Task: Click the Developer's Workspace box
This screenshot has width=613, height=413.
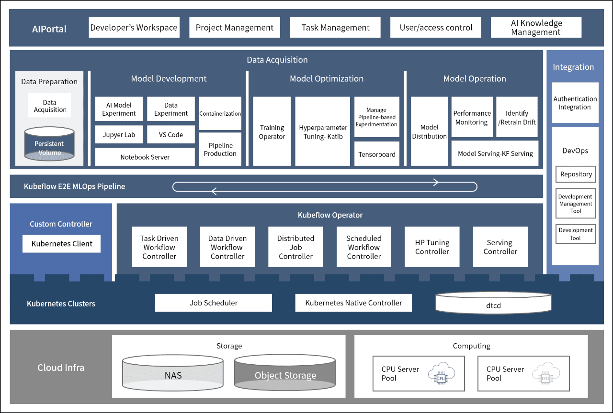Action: tap(134, 27)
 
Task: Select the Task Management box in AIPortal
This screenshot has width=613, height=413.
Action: tap(335, 27)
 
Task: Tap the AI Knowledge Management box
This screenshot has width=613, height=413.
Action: tap(536, 27)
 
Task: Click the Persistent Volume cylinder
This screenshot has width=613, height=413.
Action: tap(49, 144)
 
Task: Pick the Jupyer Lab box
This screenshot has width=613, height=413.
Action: tap(119, 134)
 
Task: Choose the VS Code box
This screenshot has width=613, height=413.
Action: tap(171, 134)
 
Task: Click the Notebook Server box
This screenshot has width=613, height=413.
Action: tap(145, 157)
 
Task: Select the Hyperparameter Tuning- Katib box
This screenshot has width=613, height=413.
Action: tap(323, 131)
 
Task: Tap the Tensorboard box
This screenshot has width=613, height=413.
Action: tap(377, 153)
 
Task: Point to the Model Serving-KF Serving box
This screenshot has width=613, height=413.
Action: tap(495, 153)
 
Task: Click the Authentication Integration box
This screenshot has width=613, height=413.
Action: tap(575, 103)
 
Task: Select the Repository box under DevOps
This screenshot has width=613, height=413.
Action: tap(576, 174)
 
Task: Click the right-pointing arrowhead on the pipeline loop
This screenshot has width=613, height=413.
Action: tap(436, 182)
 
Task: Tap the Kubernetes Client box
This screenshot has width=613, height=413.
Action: tap(62, 243)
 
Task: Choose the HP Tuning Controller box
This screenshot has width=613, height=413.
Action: tap(432, 247)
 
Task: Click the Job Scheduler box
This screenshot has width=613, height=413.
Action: tap(214, 303)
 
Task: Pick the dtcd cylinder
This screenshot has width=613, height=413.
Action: tap(493, 303)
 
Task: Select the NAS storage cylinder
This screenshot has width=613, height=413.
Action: tap(173, 372)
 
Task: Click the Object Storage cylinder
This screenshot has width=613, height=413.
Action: tap(285, 372)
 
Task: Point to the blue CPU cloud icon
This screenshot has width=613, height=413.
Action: tap(441, 373)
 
